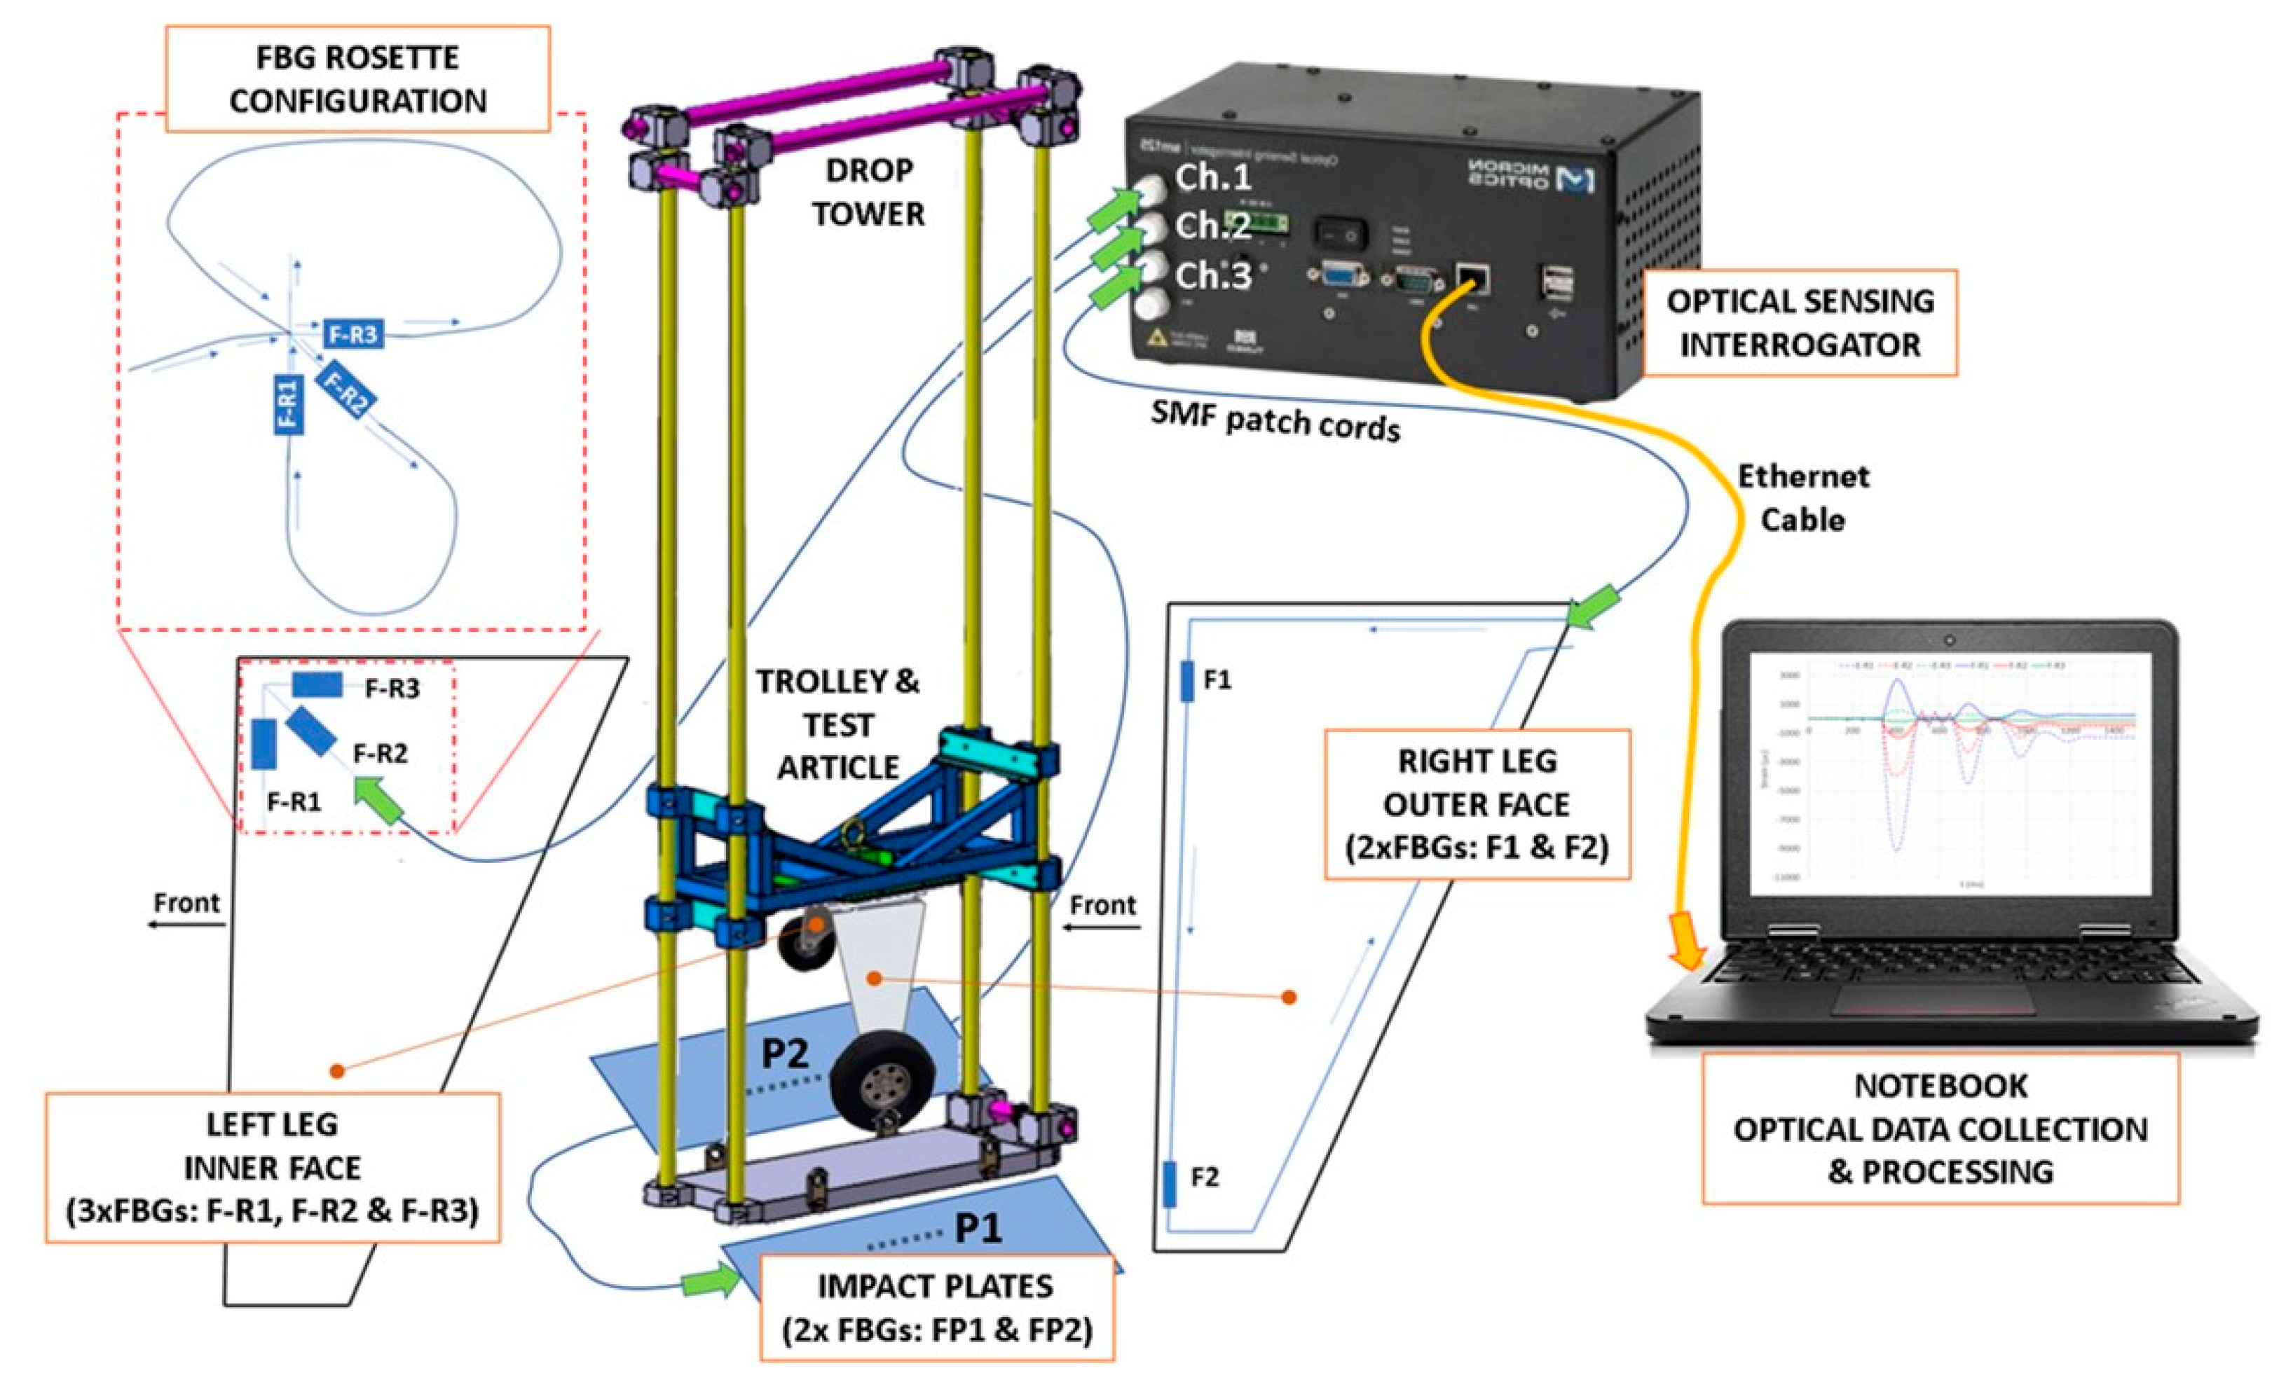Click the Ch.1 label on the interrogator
1212,177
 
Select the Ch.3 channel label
1212,275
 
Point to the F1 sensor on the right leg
1186,681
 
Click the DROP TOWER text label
868,193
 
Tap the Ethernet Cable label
1802,497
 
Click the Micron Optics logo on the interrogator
1531,176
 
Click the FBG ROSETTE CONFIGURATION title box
358,79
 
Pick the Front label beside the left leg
187,902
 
